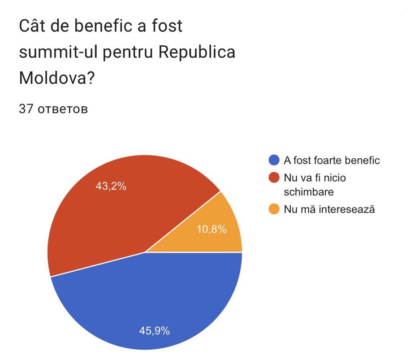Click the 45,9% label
point(154,331)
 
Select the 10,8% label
point(211,230)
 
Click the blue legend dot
point(273,160)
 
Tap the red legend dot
point(273,178)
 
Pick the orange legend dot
point(273,209)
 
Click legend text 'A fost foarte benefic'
point(332,160)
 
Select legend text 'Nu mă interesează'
point(329,209)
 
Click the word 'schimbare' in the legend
point(309,191)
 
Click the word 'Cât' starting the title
point(31,26)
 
